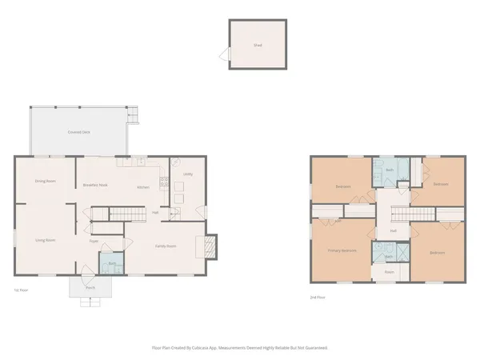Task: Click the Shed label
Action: (258, 46)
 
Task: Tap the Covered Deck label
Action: (78, 131)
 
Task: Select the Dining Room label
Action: (45, 182)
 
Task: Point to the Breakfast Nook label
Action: (95, 186)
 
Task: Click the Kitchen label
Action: (143, 187)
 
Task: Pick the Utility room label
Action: (187, 174)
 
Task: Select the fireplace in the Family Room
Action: (211, 245)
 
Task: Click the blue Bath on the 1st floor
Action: (110, 262)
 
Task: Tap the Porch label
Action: (91, 287)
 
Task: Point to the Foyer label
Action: (94, 240)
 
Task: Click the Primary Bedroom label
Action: (342, 250)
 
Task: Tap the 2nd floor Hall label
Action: (393, 231)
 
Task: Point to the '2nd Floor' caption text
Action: (317, 297)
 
